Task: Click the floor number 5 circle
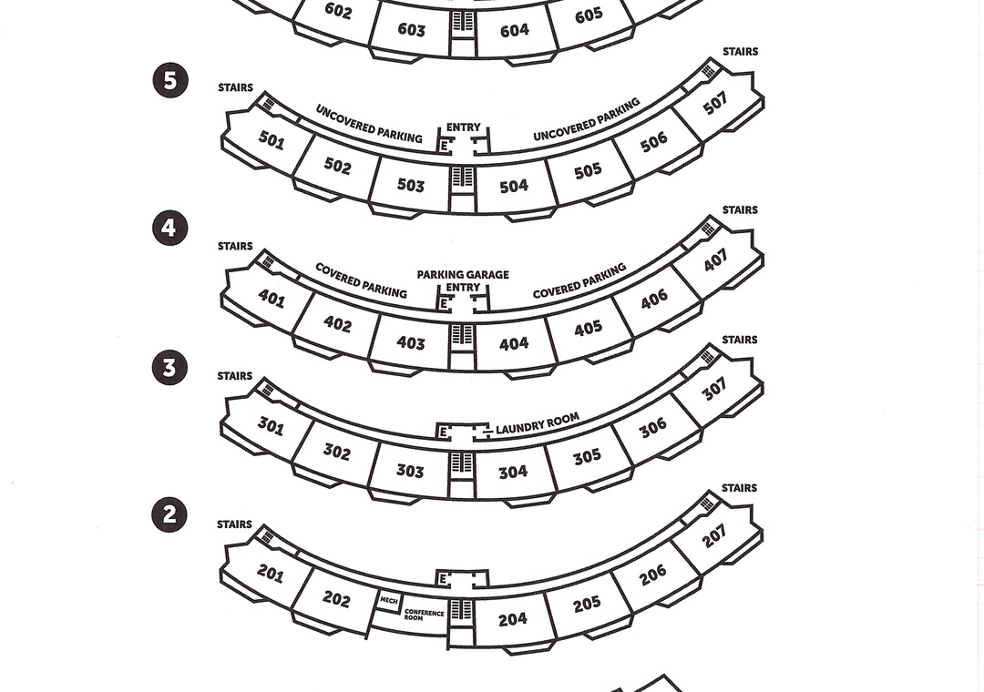click(x=170, y=80)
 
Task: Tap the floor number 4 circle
click(x=169, y=227)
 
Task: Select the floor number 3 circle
click(x=169, y=367)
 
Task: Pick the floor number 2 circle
click(x=169, y=514)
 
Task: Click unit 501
click(x=271, y=140)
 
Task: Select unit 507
click(x=715, y=104)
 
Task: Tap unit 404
click(x=514, y=344)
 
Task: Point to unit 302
click(x=337, y=452)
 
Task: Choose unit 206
click(x=652, y=575)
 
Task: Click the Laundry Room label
click(x=538, y=424)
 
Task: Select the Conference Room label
click(x=424, y=616)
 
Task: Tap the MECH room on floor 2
click(x=389, y=600)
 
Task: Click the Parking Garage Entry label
click(x=463, y=280)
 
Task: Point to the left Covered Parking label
click(x=361, y=280)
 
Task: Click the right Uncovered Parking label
click(x=586, y=120)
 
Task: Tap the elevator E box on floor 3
click(x=444, y=432)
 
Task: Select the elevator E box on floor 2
click(x=444, y=579)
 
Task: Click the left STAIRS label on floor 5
click(x=235, y=87)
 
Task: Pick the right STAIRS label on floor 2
click(x=739, y=488)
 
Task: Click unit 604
click(x=514, y=30)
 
